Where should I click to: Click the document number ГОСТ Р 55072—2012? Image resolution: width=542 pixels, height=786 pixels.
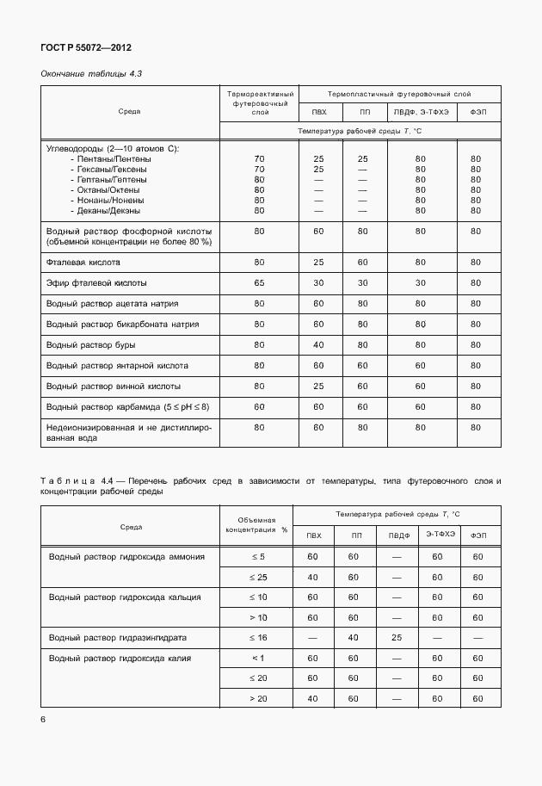click(85, 47)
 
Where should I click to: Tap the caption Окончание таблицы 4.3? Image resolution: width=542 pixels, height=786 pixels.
click(91, 74)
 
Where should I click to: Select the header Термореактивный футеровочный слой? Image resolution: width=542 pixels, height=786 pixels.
click(260, 102)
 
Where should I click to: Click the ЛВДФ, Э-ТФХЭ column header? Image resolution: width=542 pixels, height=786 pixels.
click(421, 112)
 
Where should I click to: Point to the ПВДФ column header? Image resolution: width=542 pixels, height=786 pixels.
click(397, 535)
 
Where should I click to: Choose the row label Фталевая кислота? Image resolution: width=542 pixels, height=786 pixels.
click(83, 261)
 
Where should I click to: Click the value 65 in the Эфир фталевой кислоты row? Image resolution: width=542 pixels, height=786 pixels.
click(260, 282)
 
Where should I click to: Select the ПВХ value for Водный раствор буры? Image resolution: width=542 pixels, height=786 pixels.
click(318, 344)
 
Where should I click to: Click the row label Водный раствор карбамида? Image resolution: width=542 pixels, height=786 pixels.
click(127, 406)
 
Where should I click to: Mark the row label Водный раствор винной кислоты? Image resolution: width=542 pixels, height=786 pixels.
click(113, 386)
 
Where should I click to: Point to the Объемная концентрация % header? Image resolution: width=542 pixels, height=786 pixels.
click(256, 525)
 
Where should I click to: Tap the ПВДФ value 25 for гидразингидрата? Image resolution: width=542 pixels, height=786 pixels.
click(397, 637)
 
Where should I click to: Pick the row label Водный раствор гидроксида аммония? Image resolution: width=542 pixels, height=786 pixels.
click(126, 556)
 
